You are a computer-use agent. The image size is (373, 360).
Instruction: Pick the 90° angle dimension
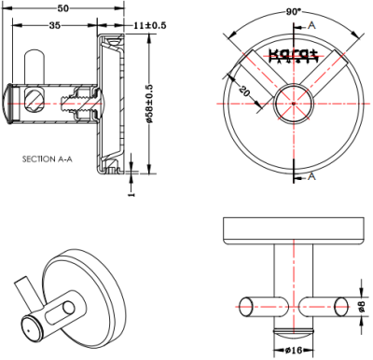pyautogui.click(x=295, y=10)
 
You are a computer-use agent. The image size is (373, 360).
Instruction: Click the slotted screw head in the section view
pyautogui.click(x=35, y=97)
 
